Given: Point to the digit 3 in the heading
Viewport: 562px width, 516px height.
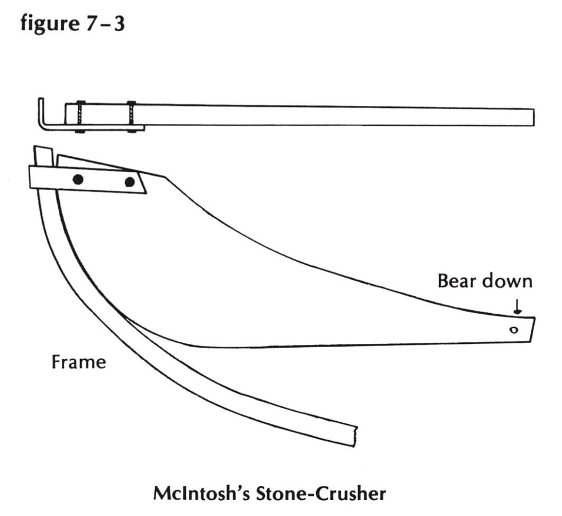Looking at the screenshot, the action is click(119, 24).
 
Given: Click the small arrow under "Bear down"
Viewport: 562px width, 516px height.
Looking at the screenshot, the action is click(517, 307).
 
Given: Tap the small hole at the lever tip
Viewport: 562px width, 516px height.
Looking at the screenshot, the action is click(514, 330).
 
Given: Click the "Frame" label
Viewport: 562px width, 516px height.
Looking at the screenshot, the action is click(79, 362).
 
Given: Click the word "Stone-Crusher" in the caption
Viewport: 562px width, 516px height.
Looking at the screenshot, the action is click(321, 493).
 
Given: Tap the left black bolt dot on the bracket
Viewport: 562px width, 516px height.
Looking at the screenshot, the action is click(78, 179).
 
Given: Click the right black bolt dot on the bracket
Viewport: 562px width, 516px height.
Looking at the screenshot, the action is click(130, 182).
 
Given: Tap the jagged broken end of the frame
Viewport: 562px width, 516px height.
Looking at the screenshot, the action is click(356, 436).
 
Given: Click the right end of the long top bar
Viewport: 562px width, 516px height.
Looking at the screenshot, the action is click(533, 117).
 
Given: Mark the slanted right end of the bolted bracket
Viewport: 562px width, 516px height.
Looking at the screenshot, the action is click(142, 182).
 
